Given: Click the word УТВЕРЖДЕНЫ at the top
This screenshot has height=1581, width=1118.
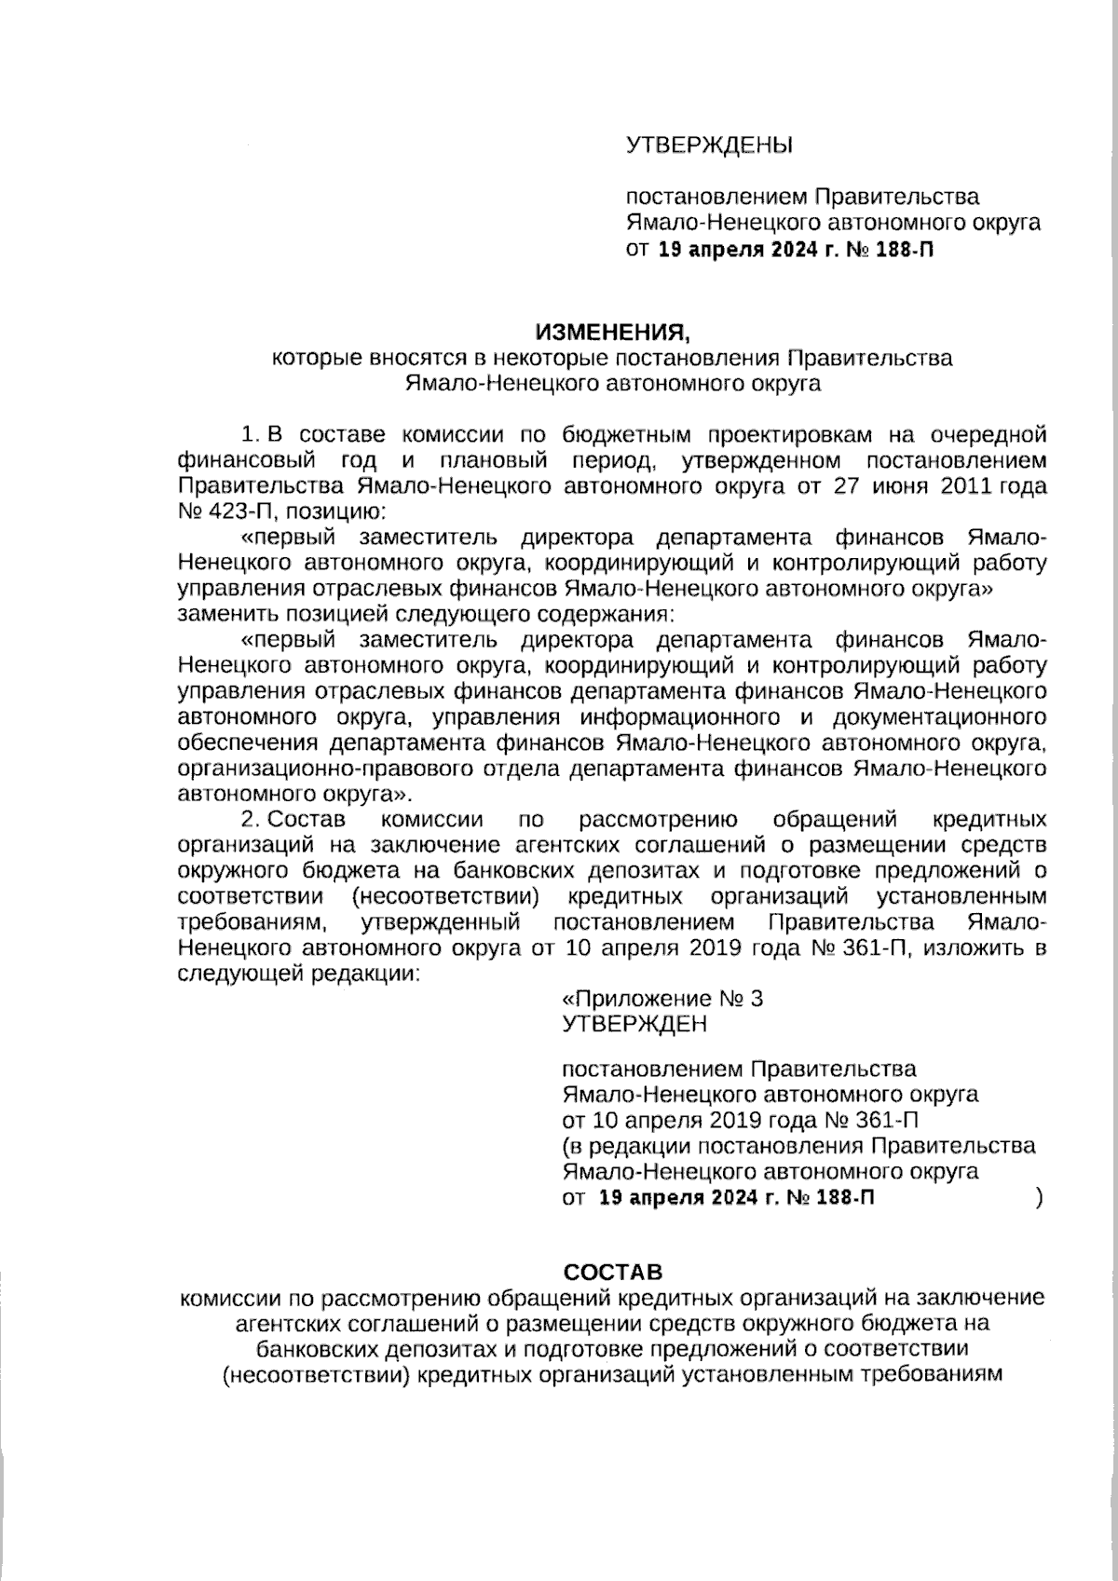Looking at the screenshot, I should pyautogui.click(x=708, y=144).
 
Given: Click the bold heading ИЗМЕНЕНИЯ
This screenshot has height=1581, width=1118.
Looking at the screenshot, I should pyautogui.click(x=613, y=333).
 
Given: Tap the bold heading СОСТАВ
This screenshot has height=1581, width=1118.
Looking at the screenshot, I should pyautogui.click(x=613, y=1272).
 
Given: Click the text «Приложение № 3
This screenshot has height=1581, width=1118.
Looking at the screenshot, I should pyautogui.click(x=662, y=999).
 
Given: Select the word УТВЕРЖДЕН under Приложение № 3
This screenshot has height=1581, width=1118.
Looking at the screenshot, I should pyautogui.click(x=634, y=1024).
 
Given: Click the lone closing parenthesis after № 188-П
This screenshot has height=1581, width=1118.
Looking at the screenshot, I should pyautogui.click(x=1038, y=1197).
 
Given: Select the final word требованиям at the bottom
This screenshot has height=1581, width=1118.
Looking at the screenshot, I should pyautogui.click(x=927, y=1374).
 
